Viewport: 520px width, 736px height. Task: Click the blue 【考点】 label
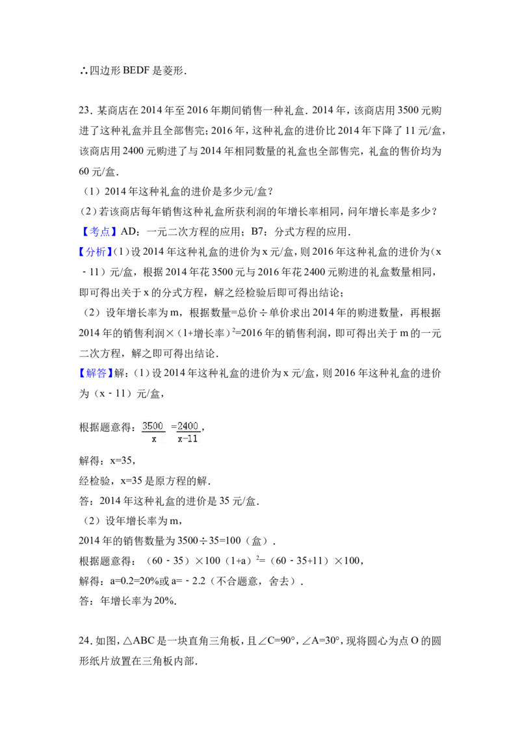100,231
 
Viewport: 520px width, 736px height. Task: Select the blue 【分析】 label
96,252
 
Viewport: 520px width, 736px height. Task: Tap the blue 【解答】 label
96,373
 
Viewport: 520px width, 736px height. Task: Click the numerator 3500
153,426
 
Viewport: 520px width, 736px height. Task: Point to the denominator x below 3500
154,440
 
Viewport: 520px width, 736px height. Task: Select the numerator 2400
188,426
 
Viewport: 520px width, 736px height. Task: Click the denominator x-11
188,440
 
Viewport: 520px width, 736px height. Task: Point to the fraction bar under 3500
153,432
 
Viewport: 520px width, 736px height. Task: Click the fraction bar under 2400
188,432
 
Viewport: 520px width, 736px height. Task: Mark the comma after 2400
201,429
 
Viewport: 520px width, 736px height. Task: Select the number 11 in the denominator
192,440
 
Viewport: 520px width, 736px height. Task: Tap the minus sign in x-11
185,440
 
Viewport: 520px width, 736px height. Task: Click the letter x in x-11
180,440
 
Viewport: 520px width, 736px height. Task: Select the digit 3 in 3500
145,426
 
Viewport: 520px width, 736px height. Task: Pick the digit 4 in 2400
185,426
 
